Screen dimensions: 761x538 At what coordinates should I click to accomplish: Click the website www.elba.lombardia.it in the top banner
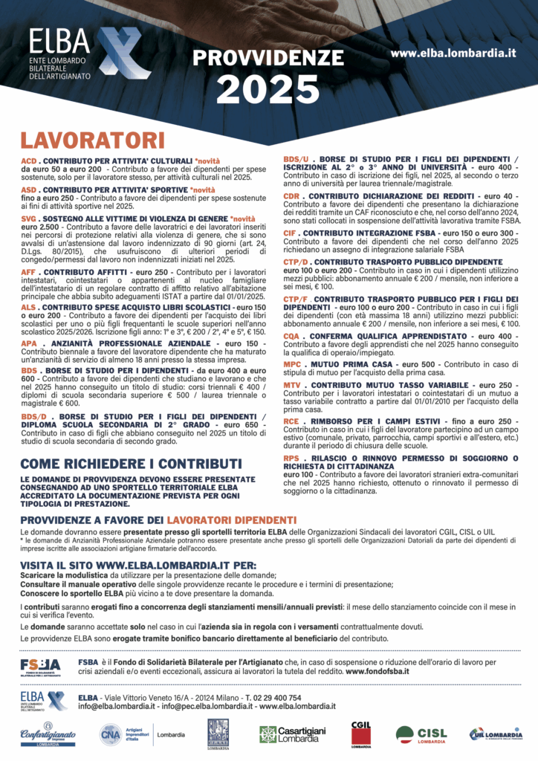coord(453,53)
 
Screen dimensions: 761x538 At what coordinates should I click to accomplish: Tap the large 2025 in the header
coord(268,89)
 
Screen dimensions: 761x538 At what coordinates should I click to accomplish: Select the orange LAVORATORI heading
coord(92,140)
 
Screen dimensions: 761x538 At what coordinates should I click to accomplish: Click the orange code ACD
coord(28,161)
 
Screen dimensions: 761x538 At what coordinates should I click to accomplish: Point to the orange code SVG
coord(28,219)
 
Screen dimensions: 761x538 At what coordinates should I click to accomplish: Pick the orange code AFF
coord(28,273)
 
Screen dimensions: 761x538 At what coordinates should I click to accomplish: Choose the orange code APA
coord(28,344)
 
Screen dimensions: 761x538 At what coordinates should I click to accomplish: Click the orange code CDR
coord(291,196)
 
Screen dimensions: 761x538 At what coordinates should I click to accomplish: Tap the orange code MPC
coord(292,365)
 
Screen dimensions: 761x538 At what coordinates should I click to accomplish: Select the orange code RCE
coord(291,421)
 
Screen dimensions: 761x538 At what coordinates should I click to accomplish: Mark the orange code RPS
coord(291,458)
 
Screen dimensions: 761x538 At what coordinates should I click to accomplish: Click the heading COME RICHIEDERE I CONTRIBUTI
coord(120,464)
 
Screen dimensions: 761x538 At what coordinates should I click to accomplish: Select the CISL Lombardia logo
coord(421,734)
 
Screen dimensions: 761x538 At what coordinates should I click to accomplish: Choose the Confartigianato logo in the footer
coord(48,734)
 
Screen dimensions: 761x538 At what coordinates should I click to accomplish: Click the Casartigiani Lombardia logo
coord(292,734)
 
